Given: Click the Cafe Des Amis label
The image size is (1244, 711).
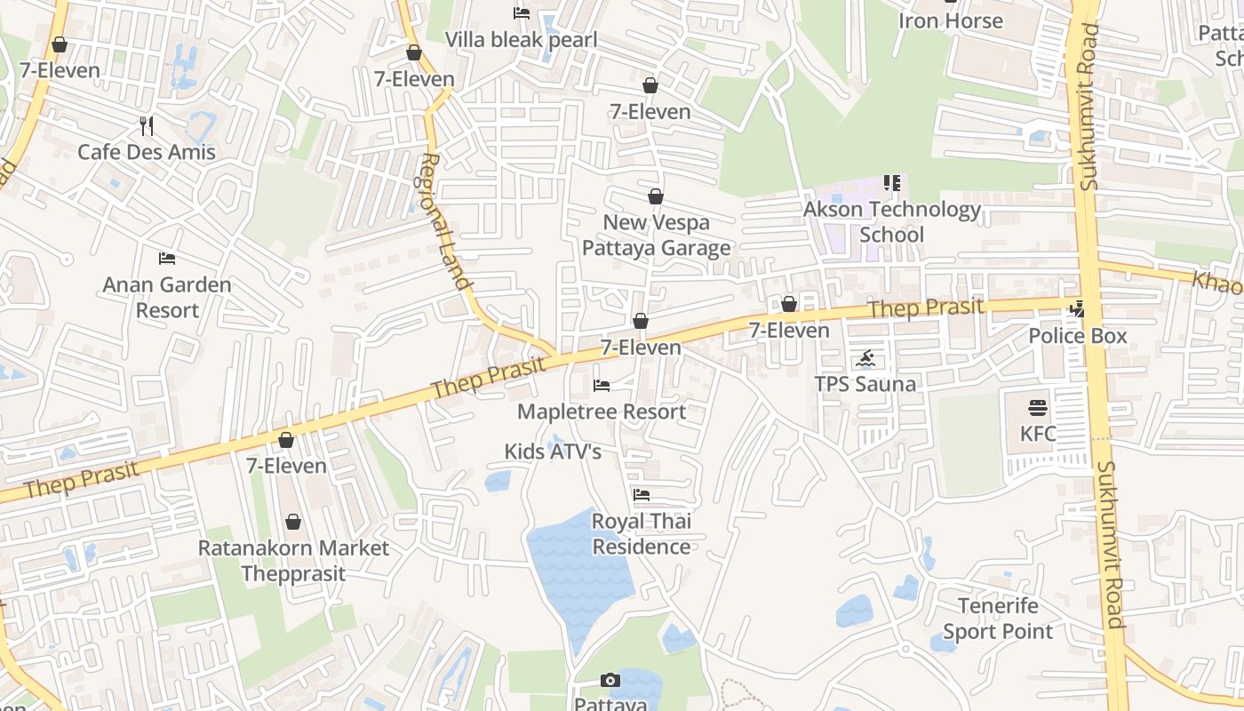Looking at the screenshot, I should pyautogui.click(x=147, y=152).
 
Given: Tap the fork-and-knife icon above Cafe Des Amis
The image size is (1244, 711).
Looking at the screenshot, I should pyautogui.click(x=147, y=126).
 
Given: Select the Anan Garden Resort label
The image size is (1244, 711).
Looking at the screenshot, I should pyautogui.click(x=167, y=298).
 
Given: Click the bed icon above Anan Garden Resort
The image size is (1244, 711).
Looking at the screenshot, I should pyautogui.click(x=167, y=259).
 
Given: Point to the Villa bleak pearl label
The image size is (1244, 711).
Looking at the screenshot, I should pyautogui.click(x=521, y=40).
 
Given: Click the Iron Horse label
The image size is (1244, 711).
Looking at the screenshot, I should pyautogui.click(x=951, y=20).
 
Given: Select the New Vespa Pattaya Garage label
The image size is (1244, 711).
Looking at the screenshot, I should pyautogui.click(x=656, y=235).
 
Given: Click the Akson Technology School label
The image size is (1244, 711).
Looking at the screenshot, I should pyautogui.click(x=892, y=222).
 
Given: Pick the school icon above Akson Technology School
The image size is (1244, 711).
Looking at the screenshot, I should pyautogui.click(x=892, y=183).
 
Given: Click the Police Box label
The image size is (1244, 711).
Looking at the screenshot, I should pyautogui.click(x=1077, y=336).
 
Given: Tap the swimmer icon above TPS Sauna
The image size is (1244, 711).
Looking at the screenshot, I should pyautogui.click(x=865, y=359).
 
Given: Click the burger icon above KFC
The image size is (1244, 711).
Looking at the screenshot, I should pyautogui.click(x=1038, y=408).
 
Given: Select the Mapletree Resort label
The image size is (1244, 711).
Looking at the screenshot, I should pyautogui.click(x=602, y=411).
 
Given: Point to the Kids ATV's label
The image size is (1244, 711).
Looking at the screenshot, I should pyautogui.click(x=553, y=451).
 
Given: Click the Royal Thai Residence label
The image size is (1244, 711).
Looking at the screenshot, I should pyautogui.click(x=642, y=533).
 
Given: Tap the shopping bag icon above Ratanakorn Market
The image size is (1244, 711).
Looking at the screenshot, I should pyautogui.click(x=293, y=522).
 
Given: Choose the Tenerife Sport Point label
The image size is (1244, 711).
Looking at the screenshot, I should pyautogui.click(x=998, y=619).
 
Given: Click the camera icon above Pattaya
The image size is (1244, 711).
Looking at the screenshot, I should pyautogui.click(x=610, y=680).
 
